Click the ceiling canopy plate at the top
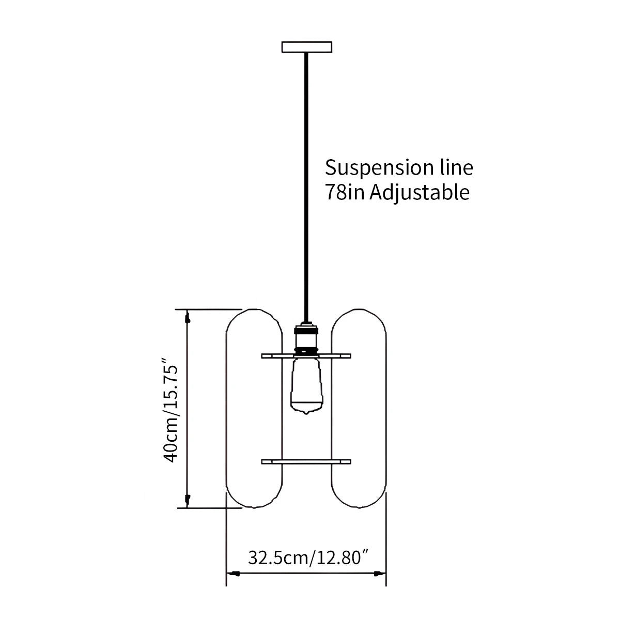306,47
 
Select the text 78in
345,192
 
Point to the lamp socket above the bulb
306,338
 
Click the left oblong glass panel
255,408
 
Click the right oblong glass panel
359,408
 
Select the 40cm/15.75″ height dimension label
171,409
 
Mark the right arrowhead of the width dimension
380,574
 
